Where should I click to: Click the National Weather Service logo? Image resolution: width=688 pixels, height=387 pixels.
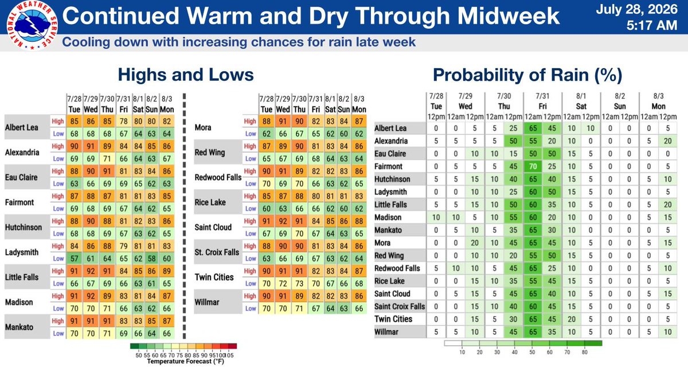[32, 25]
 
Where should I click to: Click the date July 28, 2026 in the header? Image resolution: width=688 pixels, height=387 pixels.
[637, 9]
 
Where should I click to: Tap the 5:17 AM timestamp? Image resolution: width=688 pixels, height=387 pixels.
[652, 25]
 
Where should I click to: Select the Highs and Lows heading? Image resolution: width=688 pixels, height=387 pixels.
[186, 75]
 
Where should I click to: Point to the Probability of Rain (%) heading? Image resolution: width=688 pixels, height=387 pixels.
[527, 75]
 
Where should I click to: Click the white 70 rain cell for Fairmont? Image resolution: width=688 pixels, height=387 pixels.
[533, 166]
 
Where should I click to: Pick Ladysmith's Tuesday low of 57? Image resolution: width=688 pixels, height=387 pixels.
[75, 259]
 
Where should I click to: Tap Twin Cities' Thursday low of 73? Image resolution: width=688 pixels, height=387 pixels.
[299, 283]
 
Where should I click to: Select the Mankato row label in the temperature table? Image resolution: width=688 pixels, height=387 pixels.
[19, 327]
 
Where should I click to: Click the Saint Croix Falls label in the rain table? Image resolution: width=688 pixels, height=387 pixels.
[400, 307]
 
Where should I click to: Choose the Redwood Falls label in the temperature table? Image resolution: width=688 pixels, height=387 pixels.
[218, 178]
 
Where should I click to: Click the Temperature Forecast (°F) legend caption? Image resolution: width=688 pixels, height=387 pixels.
[186, 362]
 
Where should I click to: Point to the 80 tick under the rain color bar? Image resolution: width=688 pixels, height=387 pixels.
[584, 352]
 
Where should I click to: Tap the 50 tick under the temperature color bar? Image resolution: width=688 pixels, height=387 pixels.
[139, 355]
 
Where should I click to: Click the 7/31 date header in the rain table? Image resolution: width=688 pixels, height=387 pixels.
[542, 96]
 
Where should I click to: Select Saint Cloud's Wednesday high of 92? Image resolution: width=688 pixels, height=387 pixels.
[283, 221]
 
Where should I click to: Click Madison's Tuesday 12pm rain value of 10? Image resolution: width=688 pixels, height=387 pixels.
[436, 217]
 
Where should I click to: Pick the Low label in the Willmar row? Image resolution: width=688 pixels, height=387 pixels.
[251, 308]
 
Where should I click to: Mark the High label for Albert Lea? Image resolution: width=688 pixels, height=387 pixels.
[58, 122]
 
